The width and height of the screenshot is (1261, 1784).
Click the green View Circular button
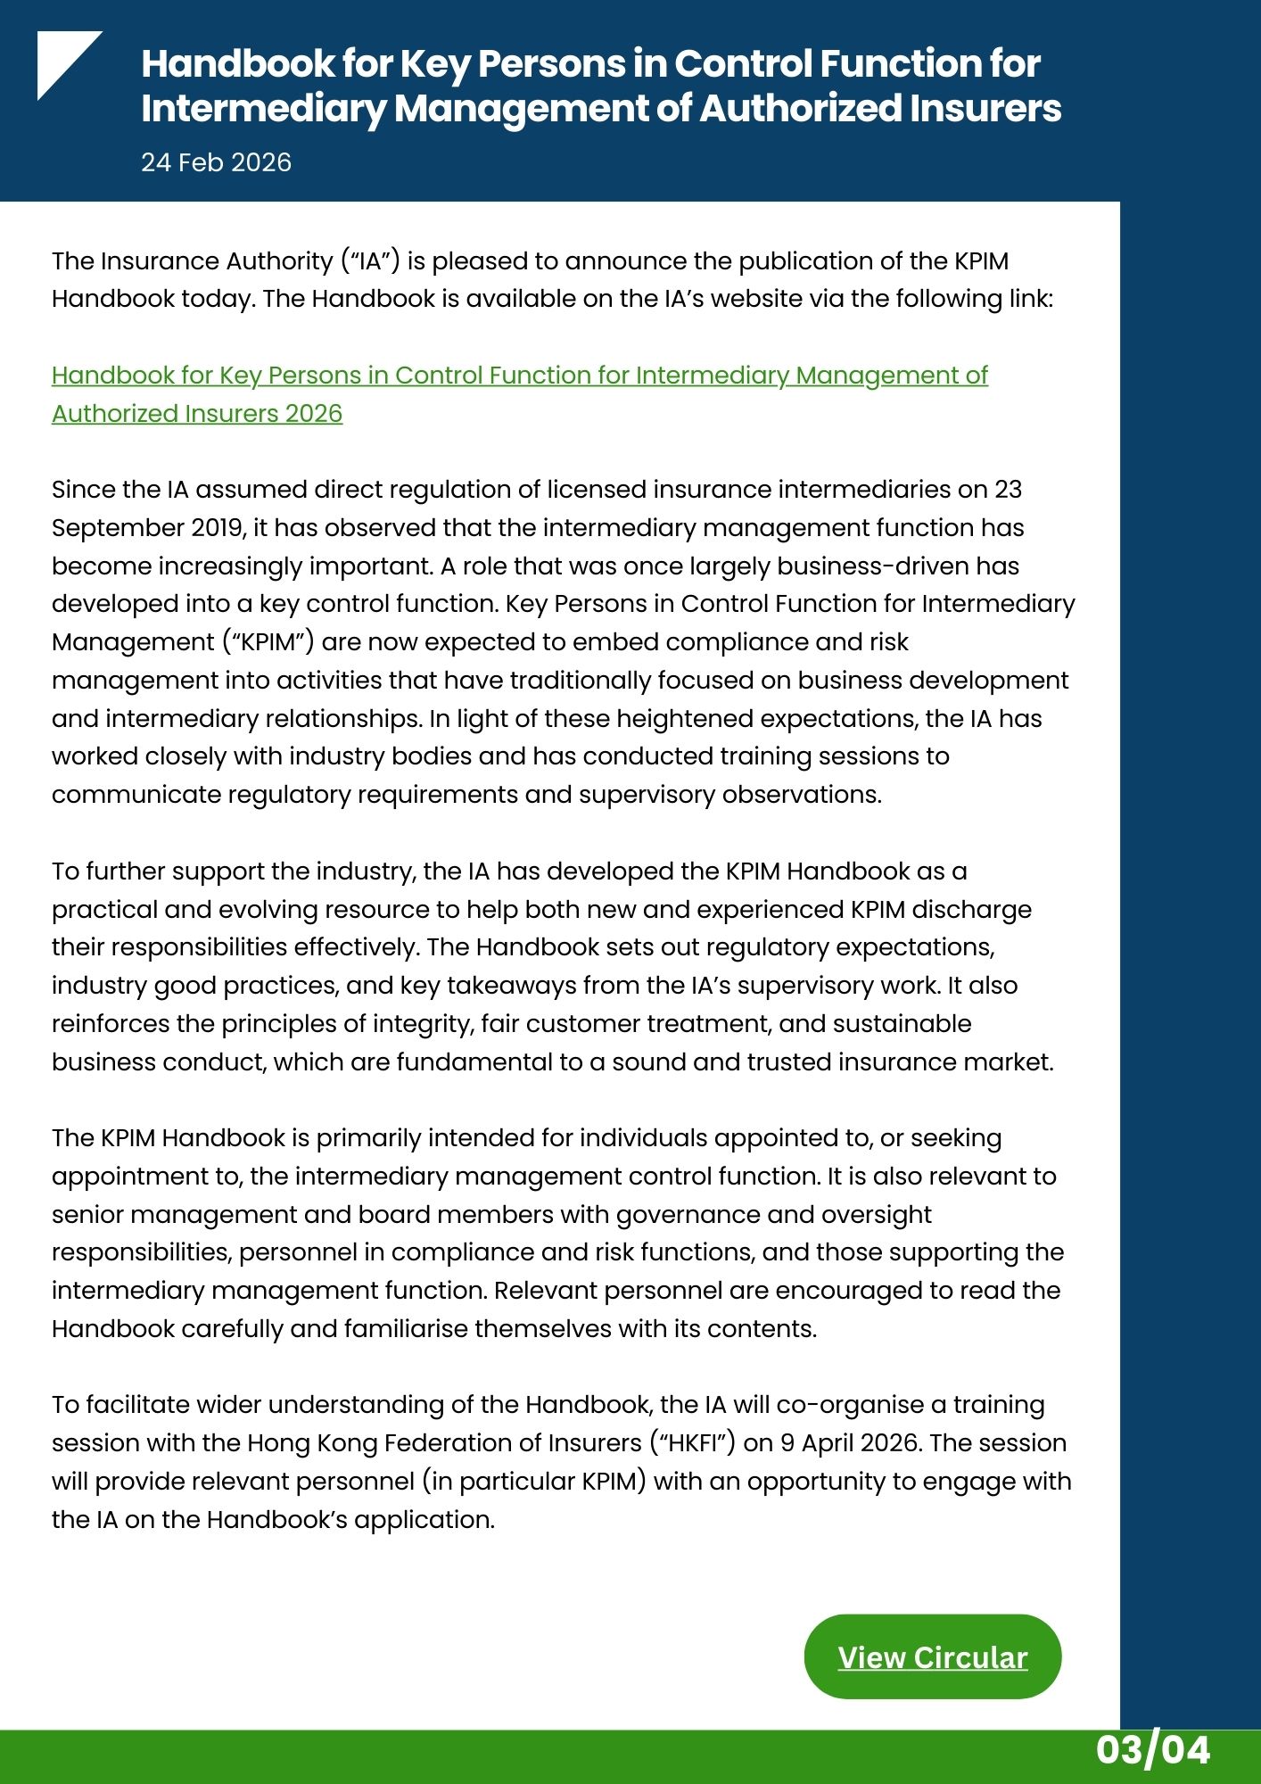click(932, 1656)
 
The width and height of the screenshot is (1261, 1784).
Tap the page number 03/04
click(1152, 1750)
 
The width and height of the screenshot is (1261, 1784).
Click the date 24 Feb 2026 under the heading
click(216, 162)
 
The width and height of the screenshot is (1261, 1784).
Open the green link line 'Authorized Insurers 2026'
click(197, 414)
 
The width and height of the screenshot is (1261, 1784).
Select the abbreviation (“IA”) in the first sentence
click(369, 261)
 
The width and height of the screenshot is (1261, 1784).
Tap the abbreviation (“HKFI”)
click(691, 1443)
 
